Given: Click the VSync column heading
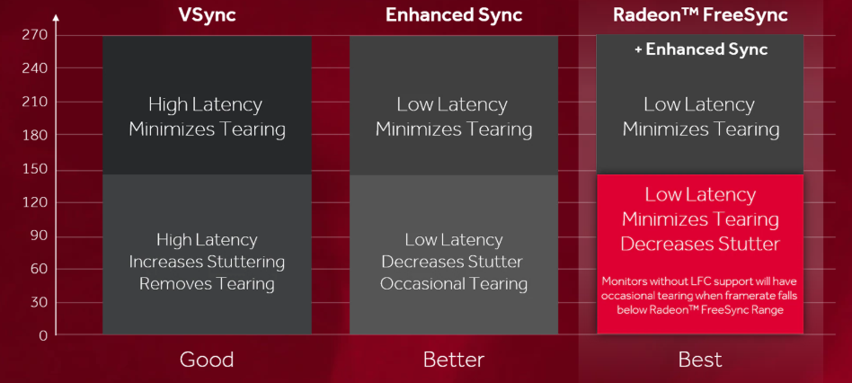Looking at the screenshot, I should click(x=207, y=15).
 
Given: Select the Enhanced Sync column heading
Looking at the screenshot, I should click(x=453, y=15).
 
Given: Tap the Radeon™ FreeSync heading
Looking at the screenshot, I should click(x=701, y=15).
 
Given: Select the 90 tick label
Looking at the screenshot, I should click(x=38, y=236).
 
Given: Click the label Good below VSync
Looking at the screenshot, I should click(x=207, y=360).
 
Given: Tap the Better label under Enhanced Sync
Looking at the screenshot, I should click(x=453, y=360).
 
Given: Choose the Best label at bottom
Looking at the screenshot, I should click(x=700, y=360).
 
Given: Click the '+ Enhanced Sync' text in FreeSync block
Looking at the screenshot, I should click(x=701, y=49).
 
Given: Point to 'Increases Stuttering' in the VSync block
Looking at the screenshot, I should click(x=207, y=262).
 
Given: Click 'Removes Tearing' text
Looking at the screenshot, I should click(x=207, y=284).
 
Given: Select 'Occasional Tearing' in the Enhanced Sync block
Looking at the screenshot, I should click(x=453, y=284).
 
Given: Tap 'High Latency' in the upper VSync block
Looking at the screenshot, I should click(x=207, y=104).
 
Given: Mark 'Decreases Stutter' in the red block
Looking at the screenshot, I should click(x=701, y=244).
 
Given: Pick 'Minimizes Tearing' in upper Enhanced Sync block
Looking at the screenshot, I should click(x=453, y=129).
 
